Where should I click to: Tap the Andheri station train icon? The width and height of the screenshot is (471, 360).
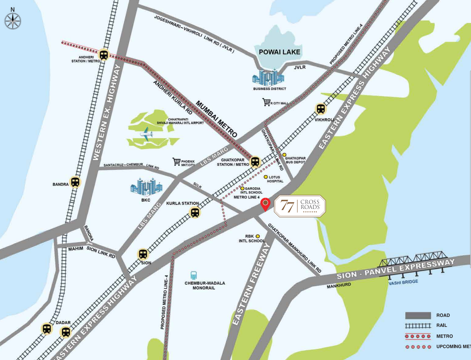[x=104, y=55]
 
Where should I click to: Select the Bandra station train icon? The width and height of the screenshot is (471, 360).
[x=75, y=182]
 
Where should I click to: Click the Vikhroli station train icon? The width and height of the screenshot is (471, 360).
[x=321, y=108]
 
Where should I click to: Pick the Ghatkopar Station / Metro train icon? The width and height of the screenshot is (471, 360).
[x=255, y=161]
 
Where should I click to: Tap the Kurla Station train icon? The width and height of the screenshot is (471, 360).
[x=195, y=212]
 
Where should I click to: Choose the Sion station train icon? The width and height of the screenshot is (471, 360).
[x=143, y=254]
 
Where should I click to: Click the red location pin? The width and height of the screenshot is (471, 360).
[x=265, y=205]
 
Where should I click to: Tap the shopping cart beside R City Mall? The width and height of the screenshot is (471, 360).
[x=266, y=102]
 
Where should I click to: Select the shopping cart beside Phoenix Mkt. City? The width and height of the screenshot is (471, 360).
[x=176, y=161]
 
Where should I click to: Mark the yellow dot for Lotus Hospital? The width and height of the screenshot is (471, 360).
[x=266, y=177]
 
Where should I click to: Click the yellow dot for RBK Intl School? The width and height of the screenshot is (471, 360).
[x=258, y=236]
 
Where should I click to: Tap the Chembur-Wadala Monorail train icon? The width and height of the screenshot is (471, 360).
[x=193, y=275]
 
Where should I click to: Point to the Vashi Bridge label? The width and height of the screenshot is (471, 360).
[x=403, y=282]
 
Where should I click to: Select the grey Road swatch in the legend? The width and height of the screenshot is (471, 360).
[x=418, y=315]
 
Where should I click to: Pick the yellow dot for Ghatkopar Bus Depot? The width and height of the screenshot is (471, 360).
[x=285, y=155]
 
